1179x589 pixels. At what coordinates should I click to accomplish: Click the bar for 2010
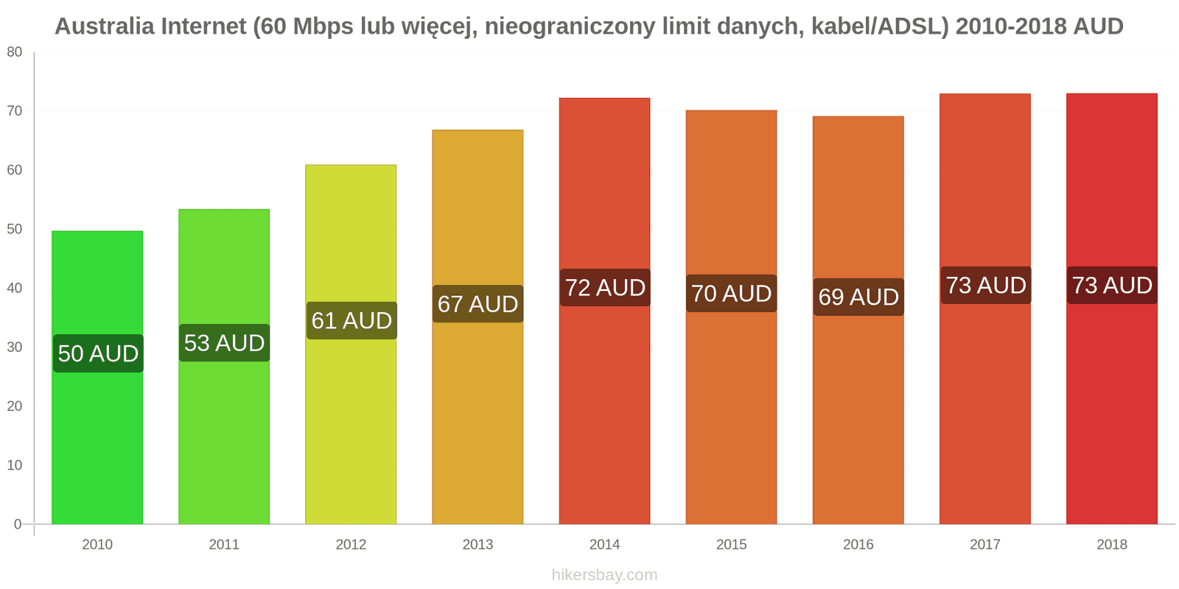[97, 442]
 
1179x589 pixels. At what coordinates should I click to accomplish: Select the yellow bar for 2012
[351, 427]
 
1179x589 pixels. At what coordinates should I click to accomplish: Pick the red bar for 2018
[1111, 405]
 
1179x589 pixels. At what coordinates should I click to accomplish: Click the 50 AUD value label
[98, 353]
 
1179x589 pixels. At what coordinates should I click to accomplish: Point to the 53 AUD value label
[224, 343]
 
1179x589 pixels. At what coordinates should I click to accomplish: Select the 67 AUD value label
[477, 304]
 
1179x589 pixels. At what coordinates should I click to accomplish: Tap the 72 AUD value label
[605, 288]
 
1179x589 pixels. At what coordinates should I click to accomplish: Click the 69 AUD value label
[858, 297]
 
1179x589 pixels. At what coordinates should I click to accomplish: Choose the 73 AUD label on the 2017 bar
[986, 285]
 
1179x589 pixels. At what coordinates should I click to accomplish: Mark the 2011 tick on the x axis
[224, 545]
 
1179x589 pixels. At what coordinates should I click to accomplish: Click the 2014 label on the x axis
[604, 545]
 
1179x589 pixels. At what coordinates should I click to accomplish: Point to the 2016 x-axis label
[858, 545]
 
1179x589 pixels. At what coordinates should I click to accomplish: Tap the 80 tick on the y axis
[15, 52]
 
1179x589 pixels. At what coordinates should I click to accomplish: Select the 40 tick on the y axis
[15, 288]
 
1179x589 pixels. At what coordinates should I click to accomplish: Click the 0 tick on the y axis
[18, 524]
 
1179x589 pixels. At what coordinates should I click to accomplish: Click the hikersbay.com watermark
[604, 575]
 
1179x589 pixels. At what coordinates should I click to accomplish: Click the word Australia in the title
[104, 27]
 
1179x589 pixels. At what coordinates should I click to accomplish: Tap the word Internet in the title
[203, 27]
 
